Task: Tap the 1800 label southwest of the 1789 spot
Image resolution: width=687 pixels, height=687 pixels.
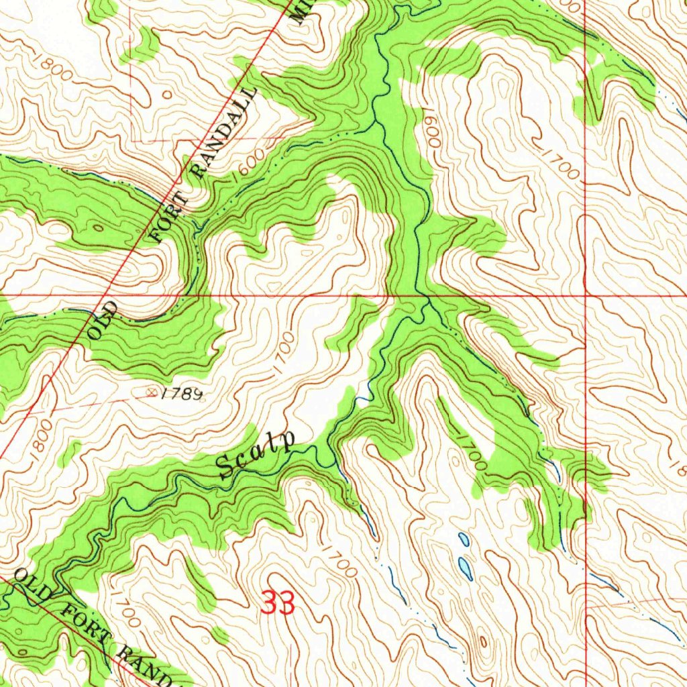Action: click(39, 440)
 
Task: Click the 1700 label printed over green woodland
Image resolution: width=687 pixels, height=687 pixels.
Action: click(472, 454)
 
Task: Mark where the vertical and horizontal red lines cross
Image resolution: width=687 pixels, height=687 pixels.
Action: click(586, 295)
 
